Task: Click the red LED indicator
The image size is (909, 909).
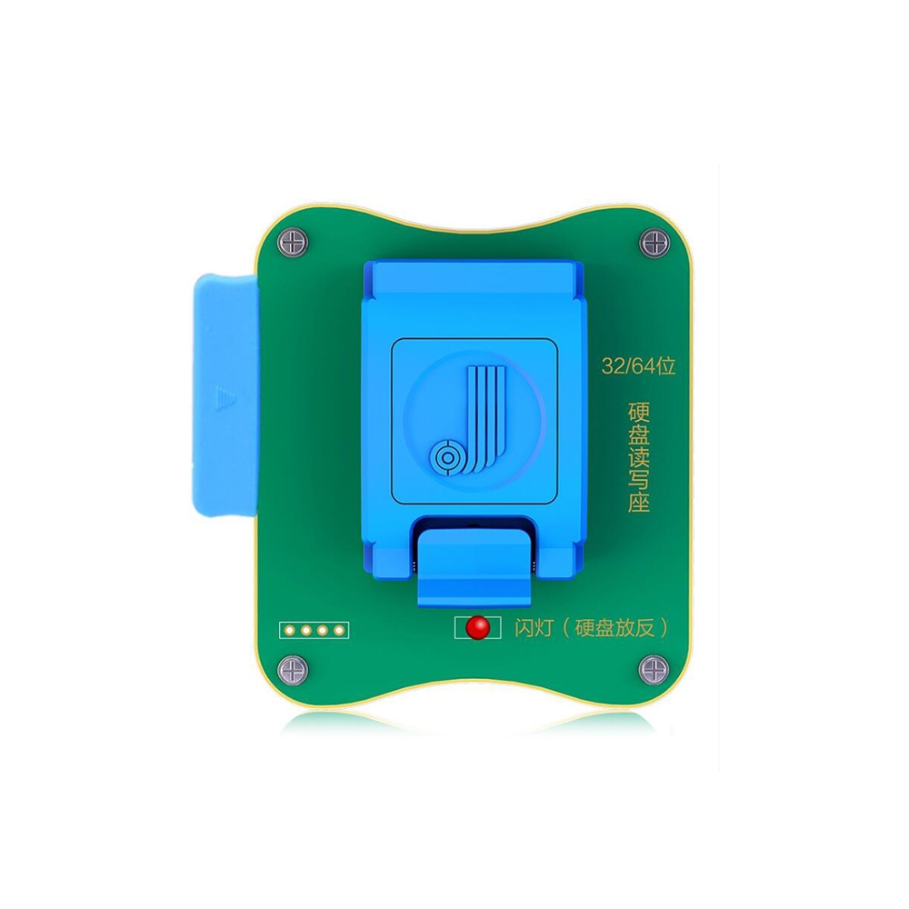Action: (x=475, y=628)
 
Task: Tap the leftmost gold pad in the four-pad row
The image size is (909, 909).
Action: (x=289, y=630)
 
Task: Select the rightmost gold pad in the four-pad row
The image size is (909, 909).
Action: (x=339, y=630)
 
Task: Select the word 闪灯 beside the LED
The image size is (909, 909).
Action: (x=533, y=628)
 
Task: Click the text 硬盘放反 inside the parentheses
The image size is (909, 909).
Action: (x=614, y=628)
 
